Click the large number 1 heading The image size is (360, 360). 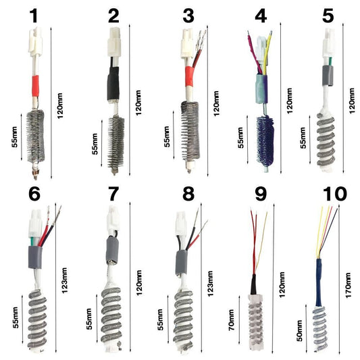[x=35, y=15]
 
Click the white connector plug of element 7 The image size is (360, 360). [x=111, y=217]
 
